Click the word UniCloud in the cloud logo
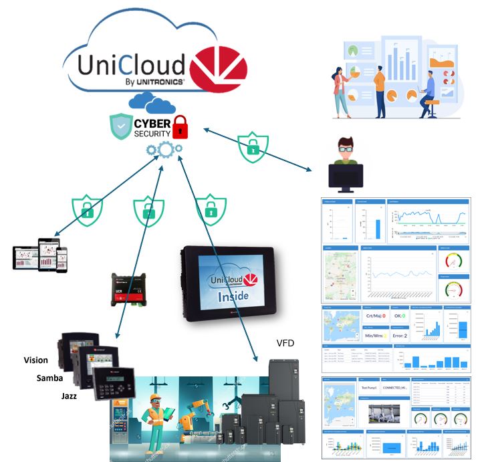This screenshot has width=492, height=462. coord(131,64)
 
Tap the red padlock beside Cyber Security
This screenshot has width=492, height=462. coord(179,126)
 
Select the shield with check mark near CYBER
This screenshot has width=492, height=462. coord(120,125)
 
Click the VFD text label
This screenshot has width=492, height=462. coord(285,343)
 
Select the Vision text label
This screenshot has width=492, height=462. coord(35,360)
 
